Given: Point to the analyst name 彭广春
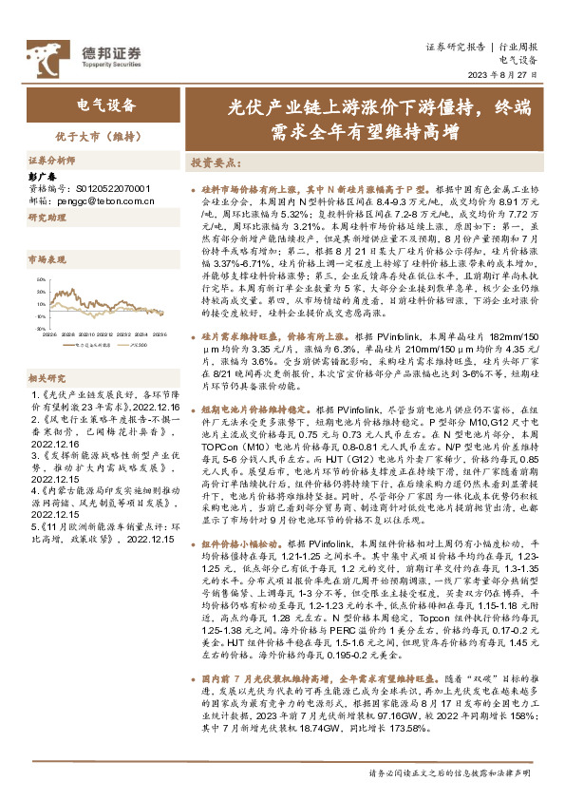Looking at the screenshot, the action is coord(45,178).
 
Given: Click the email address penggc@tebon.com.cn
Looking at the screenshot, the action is coord(97,200).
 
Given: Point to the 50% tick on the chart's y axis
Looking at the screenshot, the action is coord(42,279).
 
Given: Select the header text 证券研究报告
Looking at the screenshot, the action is coord(455,45).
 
